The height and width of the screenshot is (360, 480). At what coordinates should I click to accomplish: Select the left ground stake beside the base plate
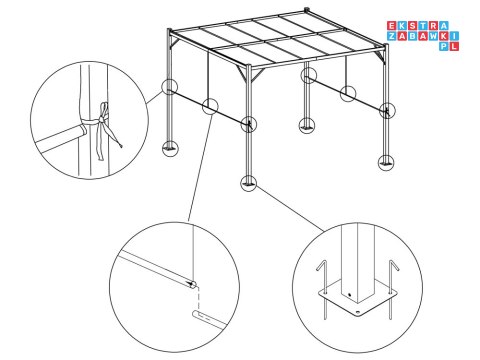click(x=321, y=279)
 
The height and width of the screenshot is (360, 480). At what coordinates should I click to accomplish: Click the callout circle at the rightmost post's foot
click(x=386, y=160)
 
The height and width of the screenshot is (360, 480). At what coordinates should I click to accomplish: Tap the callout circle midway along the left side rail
click(x=209, y=107)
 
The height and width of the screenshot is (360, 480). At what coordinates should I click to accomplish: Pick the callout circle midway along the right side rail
click(x=348, y=95)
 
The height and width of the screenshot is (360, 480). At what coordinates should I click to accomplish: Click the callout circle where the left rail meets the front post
click(x=248, y=124)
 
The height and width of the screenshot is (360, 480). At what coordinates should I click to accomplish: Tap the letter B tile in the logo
click(x=410, y=36)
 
